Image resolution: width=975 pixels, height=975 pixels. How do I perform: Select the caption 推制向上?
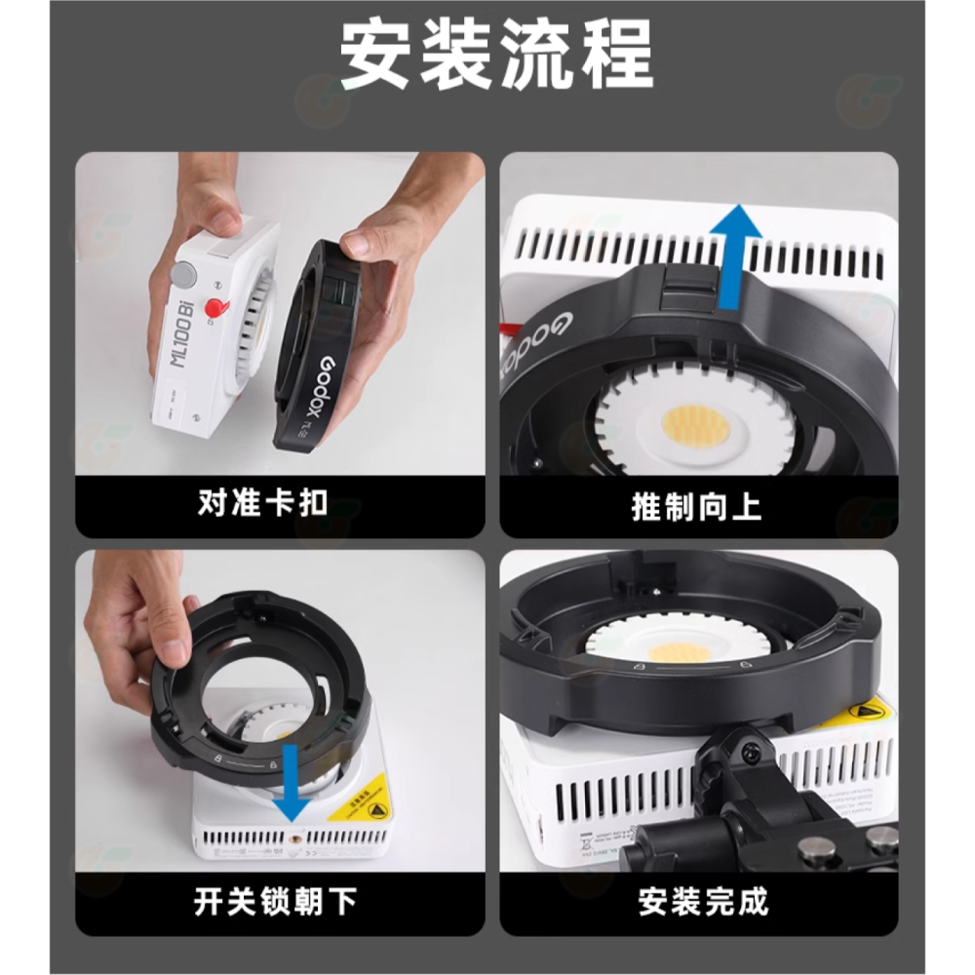[696, 507]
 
